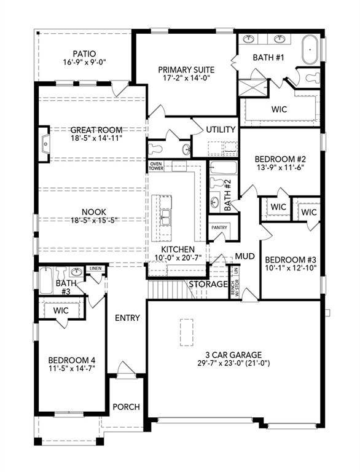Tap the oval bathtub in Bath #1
pos(310,49)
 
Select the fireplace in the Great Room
pos(44,144)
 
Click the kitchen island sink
pos(166,216)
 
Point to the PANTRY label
pos(219,227)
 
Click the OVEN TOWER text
pos(156,166)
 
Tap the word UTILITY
pos(221,130)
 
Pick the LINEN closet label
pos(95,269)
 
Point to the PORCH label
pos(127,407)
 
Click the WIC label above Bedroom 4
pos(61,311)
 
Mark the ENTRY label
pos(127,318)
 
